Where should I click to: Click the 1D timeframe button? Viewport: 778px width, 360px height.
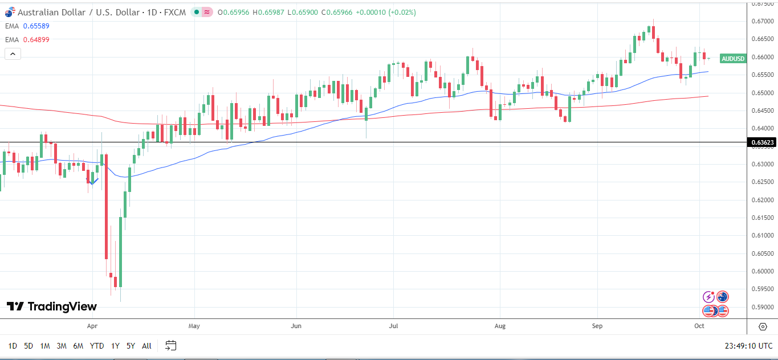13,345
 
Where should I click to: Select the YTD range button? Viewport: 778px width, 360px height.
97,345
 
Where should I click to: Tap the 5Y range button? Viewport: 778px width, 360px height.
131,345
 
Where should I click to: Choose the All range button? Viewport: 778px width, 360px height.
146,345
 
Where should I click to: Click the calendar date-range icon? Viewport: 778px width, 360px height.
171,345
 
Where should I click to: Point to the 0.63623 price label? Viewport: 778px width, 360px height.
762,142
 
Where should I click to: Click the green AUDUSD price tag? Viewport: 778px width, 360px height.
732,58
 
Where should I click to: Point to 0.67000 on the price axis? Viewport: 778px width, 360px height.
763,21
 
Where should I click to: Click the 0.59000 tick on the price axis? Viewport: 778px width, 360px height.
763,307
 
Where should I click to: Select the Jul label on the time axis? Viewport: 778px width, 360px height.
393,326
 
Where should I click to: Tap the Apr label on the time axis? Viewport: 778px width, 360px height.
92,326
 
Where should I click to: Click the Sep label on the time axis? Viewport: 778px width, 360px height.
597,326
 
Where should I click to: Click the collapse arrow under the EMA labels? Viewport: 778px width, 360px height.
13,54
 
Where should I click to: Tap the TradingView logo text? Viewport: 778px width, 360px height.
62,306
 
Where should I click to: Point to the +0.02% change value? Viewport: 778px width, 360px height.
402,12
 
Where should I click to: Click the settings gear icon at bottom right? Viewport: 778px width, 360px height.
763,326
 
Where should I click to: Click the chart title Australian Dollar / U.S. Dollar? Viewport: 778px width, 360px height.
78,12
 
